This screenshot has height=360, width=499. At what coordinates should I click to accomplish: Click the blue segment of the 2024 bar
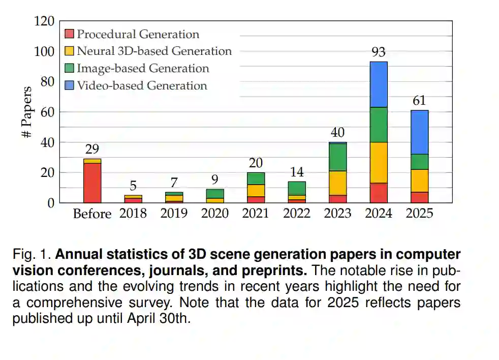(x=379, y=84)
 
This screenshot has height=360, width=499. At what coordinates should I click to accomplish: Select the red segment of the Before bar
(x=92, y=183)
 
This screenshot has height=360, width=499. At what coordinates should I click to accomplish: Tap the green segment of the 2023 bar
(x=337, y=157)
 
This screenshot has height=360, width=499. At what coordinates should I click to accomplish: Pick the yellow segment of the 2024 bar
(x=379, y=162)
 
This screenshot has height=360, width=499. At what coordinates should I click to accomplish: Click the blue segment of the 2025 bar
(x=419, y=132)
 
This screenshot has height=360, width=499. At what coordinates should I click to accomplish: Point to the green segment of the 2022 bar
(x=297, y=188)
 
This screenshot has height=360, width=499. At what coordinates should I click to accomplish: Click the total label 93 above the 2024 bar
(x=379, y=52)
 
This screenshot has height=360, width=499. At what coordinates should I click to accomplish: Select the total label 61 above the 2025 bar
(x=419, y=101)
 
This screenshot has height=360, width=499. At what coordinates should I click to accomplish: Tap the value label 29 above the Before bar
(x=92, y=149)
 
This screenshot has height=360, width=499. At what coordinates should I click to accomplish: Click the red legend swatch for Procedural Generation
(x=70, y=35)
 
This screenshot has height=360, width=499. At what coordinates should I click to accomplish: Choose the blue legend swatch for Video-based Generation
(x=70, y=85)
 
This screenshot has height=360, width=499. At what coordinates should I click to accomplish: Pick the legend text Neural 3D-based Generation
(x=154, y=51)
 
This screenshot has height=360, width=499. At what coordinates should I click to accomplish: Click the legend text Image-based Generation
(x=143, y=68)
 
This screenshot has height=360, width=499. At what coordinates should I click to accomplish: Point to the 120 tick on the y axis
(x=44, y=21)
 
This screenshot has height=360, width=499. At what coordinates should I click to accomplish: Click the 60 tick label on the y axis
(x=47, y=112)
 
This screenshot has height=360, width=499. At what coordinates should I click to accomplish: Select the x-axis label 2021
(x=255, y=213)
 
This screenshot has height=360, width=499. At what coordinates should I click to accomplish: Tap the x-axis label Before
(x=92, y=213)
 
